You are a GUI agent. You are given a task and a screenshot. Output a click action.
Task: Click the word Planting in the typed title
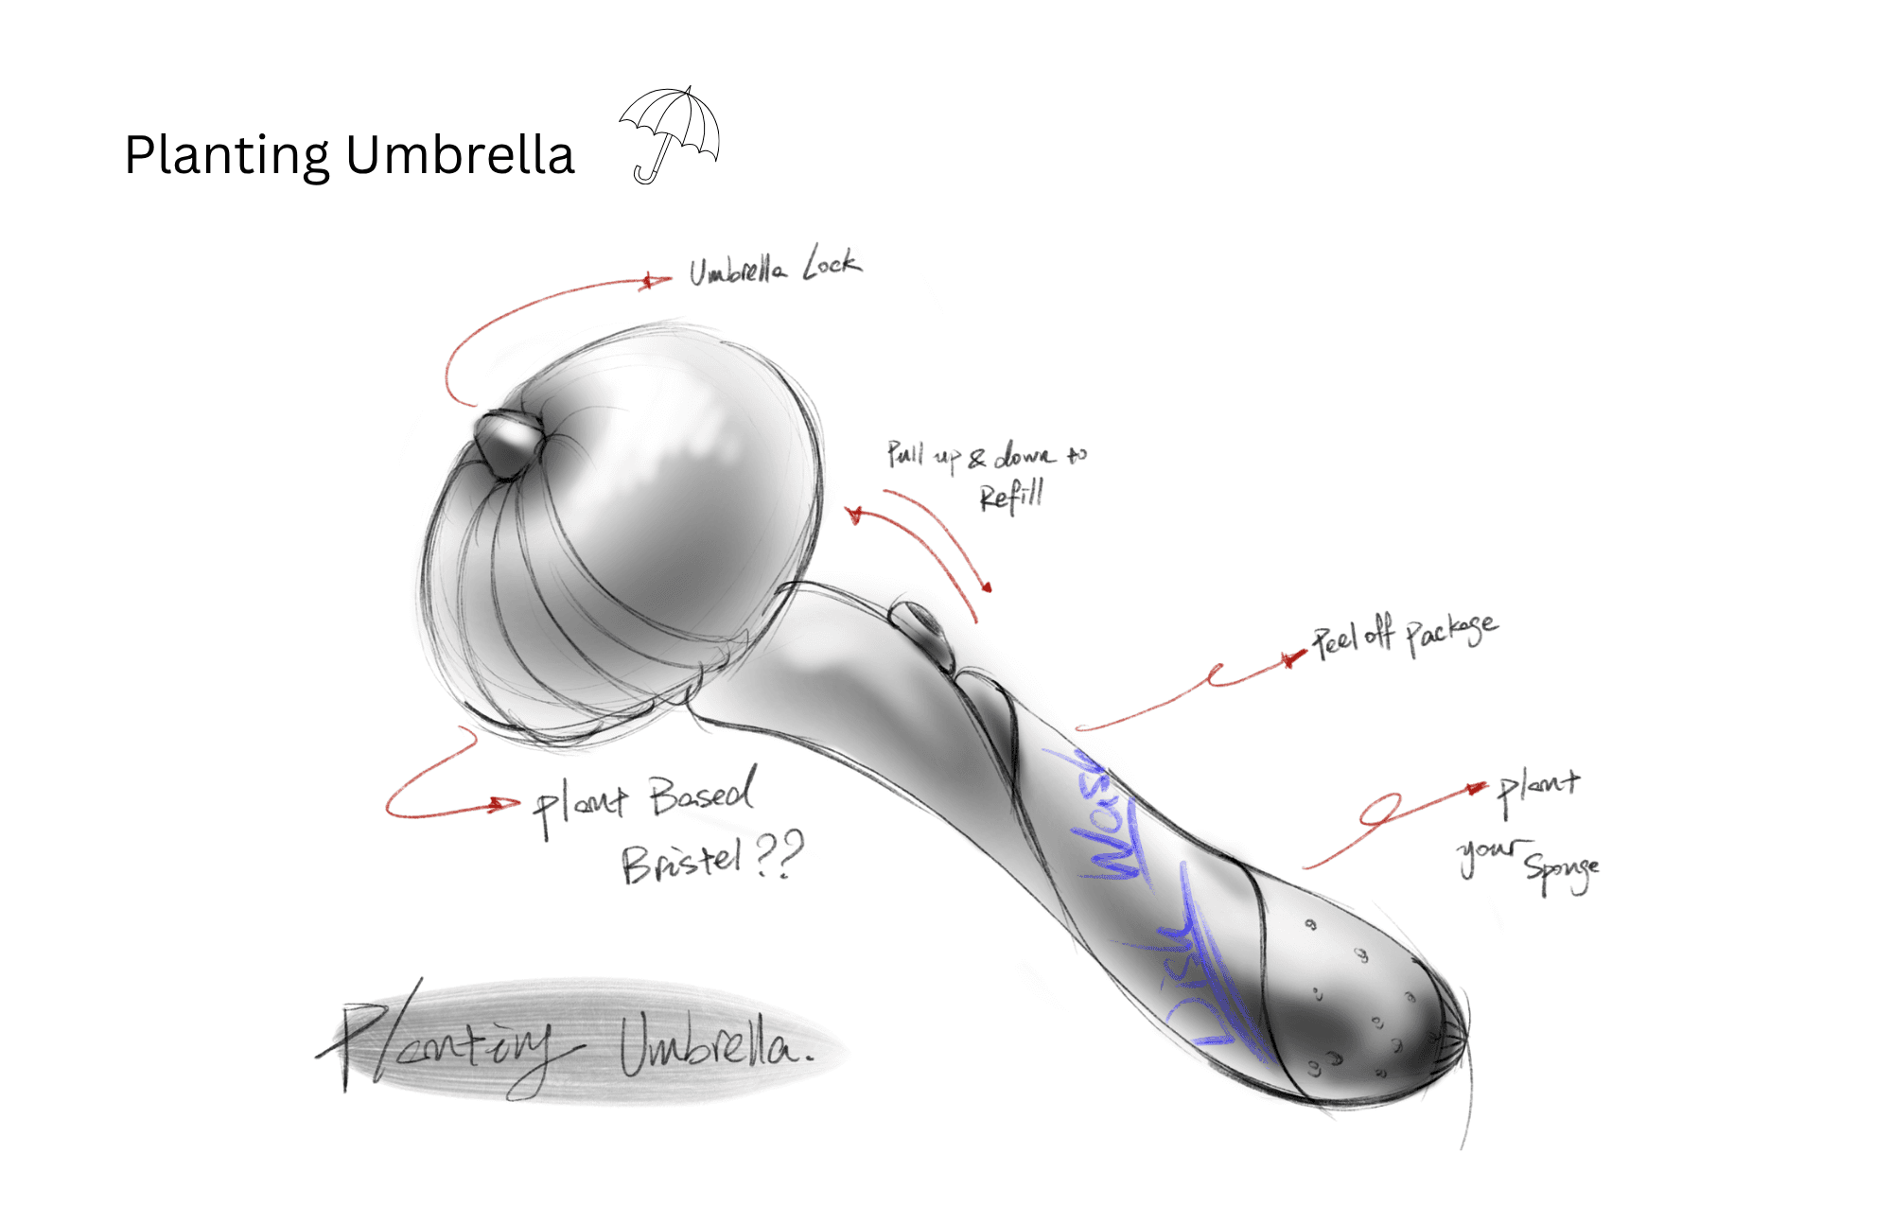click(227, 156)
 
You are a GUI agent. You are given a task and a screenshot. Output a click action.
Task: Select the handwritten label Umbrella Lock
click(774, 266)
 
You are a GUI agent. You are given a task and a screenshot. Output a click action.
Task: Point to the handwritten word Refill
click(1011, 495)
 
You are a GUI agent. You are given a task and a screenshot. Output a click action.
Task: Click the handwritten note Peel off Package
click(1404, 634)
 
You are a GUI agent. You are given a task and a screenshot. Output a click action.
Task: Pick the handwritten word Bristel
click(680, 862)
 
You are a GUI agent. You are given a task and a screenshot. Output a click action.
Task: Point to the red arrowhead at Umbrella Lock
click(651, 281)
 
